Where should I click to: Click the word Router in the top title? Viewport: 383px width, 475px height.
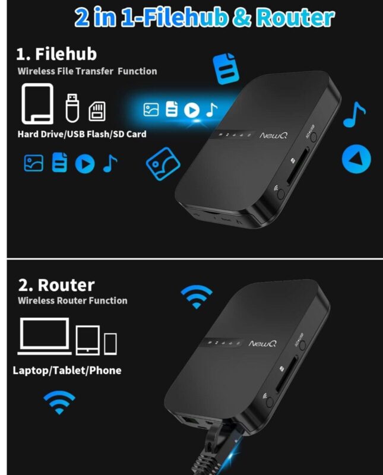coord(296,18)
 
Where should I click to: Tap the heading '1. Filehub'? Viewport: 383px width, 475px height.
coord(56,54)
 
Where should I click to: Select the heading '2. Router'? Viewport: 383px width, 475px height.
coord(56,285)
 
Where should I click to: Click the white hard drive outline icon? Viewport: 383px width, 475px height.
coord(37,103)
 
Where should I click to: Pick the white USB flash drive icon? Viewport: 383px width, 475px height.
coord(72,108)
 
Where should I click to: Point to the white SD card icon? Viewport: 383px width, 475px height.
coord(97,112)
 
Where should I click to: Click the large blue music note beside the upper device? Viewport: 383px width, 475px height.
coord(354,115)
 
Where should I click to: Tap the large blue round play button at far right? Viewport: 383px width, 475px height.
coord(356,159)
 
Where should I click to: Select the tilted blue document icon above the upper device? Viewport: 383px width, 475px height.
coord(226,68)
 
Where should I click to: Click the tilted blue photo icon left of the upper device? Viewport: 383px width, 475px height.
coord(163,164)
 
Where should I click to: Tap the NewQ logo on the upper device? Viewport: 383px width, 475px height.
coord(273,135)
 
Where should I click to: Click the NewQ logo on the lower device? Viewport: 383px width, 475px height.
coord(262,344)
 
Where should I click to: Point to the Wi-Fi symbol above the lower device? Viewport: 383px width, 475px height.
coord(197,296)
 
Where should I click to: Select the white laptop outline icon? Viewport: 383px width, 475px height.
coord(45,336)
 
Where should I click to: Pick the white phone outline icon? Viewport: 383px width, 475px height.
coord(110,344)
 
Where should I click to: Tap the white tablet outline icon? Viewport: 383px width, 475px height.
coord(87,340)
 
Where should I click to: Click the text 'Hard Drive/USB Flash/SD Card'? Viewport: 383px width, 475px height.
coord(82,134)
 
